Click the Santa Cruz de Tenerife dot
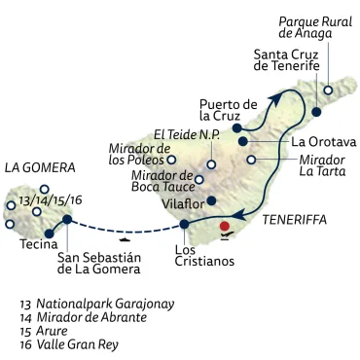coord(316,113)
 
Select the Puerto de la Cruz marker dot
coord(236,127)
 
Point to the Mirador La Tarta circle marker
coord(252,160)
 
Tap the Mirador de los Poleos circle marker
coord(171,160)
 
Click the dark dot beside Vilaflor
coord(211,202)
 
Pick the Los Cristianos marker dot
coord(184,226)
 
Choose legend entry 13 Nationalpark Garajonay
coord(97,304)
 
